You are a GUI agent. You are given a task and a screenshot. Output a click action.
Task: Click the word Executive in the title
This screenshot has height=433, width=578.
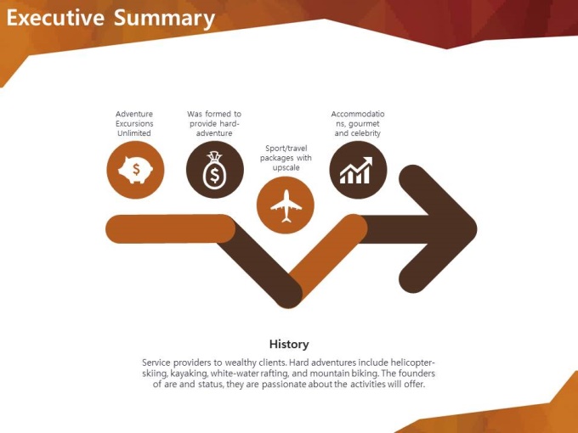point(55,17)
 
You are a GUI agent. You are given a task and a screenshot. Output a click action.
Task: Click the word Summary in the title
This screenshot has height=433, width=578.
point(164,19)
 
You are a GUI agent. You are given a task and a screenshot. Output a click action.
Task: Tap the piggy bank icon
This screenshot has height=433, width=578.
point(135,170)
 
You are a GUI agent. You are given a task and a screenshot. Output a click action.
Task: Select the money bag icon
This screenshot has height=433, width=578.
point(214,170)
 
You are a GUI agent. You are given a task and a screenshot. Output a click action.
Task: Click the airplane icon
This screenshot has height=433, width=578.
point(286,205)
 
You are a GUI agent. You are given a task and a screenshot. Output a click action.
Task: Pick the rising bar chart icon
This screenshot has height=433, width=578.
point(356,170)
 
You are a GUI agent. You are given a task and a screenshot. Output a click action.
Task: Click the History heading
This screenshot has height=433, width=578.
point(289,344)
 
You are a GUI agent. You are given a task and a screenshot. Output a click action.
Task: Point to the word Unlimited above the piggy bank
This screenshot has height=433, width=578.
point(134,133)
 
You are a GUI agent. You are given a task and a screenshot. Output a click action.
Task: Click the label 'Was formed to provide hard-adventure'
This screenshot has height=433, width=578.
point(214,124)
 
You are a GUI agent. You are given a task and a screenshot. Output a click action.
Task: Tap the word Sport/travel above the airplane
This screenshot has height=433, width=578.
point(286,149)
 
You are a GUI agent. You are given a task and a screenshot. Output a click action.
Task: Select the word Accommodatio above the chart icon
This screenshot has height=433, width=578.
point(358,114)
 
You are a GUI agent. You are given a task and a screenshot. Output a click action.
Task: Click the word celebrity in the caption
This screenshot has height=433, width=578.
point(366,133)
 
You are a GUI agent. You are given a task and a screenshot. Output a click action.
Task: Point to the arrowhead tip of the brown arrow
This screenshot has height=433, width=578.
point(477,228)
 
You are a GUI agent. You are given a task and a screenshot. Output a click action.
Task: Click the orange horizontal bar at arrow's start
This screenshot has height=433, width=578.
point(170,228)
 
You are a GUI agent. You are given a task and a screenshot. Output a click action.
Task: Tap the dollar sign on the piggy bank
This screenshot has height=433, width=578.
point(136,169)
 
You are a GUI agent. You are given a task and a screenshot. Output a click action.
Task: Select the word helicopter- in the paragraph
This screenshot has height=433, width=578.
point(413,363)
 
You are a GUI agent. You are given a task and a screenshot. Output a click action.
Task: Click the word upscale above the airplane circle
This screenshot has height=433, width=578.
point(286,168)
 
